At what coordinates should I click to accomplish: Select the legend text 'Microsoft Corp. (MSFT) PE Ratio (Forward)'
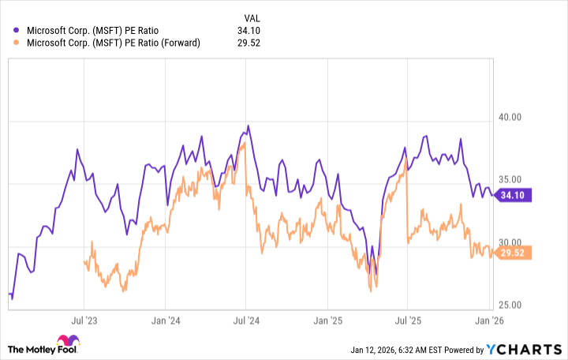tap(114, 43)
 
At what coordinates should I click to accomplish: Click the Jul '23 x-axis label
tap(84, 321)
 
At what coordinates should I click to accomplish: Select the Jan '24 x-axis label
tap(164, 321)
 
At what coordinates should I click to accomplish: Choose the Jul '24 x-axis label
tap(245, 321)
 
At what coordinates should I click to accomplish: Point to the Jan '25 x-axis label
tap(327, 321)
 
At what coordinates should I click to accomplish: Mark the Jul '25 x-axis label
tap(407, 321)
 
